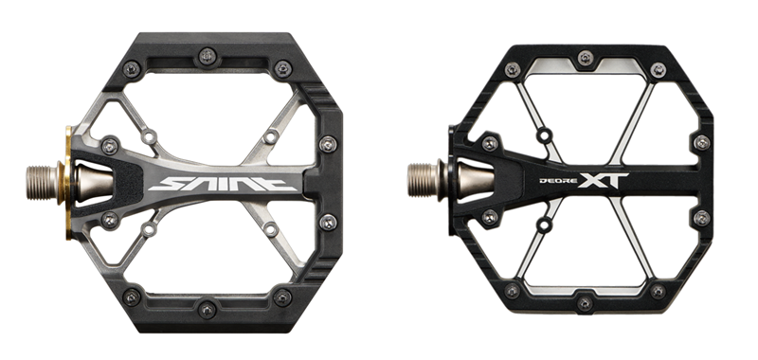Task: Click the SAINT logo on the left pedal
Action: pos(223,184)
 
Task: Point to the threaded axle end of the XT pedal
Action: pos(423,180)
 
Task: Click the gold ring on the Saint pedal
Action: pos(66,183)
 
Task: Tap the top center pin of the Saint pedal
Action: pos(208,56)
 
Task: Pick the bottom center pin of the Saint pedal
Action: pos(208,309)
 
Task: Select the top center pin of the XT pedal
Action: pos(586,58)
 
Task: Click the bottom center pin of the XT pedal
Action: pos(585,303)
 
